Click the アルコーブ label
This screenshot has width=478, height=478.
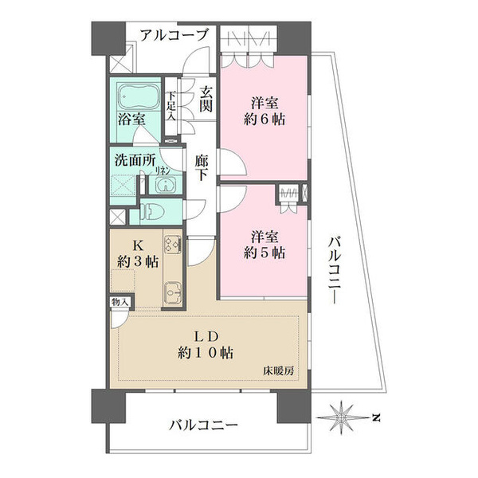[x=174, y=35]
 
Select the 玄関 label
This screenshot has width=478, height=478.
[x=206, y=100]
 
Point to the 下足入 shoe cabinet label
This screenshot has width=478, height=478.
[x=171, y=106]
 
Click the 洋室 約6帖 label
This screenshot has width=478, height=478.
[x=264, y=111]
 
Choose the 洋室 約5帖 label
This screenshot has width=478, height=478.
[x=264, y=245]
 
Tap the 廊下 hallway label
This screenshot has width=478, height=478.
[x=201, y=167]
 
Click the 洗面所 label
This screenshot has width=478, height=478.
[x=135, y=160]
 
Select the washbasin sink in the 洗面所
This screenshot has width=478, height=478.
[x=166, y=185]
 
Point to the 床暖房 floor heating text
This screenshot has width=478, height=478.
[x=279, y=371]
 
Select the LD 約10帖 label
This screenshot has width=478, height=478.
[x=206, y=345]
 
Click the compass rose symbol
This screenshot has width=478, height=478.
[x=342, y=417]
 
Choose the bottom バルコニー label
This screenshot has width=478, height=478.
[x=204, y=425]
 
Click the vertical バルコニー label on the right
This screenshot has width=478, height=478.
[x=335, y=270]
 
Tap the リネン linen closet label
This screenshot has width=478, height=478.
[x=163, y=171]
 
